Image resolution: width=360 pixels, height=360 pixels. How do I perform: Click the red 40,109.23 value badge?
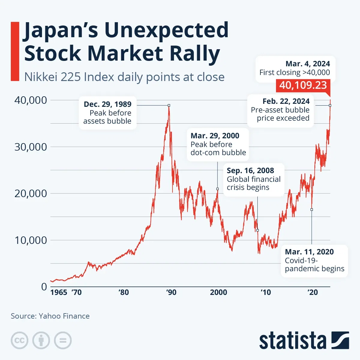303,85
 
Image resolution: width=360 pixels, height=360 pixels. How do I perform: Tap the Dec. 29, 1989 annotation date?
107,104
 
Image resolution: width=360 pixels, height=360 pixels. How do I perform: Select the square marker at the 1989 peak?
169,105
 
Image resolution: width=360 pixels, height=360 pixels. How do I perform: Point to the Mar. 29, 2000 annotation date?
215,136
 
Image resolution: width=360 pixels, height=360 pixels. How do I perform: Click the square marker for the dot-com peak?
217,189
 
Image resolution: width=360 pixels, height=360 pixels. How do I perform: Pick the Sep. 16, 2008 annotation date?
250,170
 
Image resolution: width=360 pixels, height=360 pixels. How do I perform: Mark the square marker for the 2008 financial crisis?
257,230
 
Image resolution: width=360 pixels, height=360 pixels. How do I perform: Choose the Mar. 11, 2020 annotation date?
309,252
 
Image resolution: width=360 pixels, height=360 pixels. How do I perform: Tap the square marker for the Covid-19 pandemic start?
312,209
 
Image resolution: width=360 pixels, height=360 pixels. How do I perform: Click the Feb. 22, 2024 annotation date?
286,101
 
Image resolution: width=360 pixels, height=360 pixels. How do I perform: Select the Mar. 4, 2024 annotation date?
307,64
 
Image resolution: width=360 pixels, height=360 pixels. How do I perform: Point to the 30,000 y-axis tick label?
31,147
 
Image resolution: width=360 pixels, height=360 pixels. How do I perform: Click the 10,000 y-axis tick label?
31,240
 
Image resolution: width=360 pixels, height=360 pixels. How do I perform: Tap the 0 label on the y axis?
44,287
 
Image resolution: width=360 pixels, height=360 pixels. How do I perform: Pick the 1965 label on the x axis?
59,292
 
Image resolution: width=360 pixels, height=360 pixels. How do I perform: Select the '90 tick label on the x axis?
171,292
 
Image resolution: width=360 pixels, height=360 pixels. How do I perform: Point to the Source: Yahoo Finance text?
50,316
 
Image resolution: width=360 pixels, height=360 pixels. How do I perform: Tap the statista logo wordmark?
292,341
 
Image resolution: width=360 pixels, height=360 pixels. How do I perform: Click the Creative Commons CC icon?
19,340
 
